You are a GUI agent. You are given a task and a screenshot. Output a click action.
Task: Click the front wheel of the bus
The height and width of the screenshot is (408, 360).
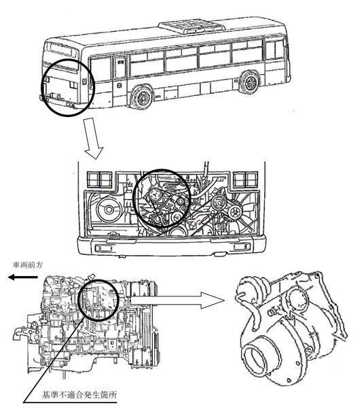pyautogui.click(x=250, y=82)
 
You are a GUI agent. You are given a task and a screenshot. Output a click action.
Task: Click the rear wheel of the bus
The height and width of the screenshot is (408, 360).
pyautogui.click(x=141, y=97)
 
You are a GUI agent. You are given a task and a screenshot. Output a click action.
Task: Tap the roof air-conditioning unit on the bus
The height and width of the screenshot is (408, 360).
pyautogui.click(x=192, y=27)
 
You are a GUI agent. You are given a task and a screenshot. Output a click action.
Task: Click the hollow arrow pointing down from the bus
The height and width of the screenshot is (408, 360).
pyautogui.click(x=93, y=139)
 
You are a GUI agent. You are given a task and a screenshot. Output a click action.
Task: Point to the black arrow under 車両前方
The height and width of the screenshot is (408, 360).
pyautogui.click(x=23, y=277)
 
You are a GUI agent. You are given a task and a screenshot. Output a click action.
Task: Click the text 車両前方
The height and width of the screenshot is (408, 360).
pyautogui.click(x=28, y=265)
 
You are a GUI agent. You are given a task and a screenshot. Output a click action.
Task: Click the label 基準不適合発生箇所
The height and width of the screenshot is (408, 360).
pyautogui.click(x=79, y=395)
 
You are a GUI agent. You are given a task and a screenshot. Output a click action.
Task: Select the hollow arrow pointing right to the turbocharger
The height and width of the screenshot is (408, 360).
pyautogui.click(x=177, y=301)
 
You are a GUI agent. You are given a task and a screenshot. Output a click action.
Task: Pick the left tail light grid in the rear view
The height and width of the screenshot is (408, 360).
pyautogui.click(x=100, y=180)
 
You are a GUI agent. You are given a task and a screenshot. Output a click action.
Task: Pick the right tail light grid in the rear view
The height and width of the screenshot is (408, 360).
pyautogui.click(x=245, y=180)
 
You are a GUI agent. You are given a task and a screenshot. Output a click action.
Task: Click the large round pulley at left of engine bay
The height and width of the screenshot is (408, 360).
pyautogui.click(x=109, y=209)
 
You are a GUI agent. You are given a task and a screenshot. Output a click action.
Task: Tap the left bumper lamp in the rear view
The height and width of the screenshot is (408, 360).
pyautogui.click(x=104, y=248)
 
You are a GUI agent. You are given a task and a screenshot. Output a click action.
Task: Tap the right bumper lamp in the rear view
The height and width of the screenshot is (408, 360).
pyautogui.click(x=242, y=247)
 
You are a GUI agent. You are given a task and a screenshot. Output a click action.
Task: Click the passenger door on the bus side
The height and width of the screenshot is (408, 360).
pyautogui.click(x=120, y=67)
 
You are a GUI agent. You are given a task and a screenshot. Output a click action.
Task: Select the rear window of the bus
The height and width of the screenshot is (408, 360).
pyautogui.click(x=61, y=50)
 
